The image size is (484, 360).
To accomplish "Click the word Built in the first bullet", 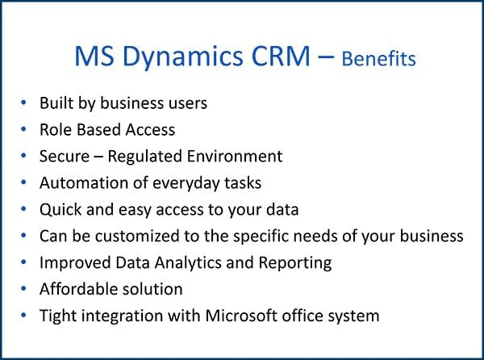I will pyautogui.click(x=56, y=103).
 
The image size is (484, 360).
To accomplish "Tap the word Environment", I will pyautogui.click(x=236, y=156).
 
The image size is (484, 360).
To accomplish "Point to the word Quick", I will pyautogui.click(x=60, y=209).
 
